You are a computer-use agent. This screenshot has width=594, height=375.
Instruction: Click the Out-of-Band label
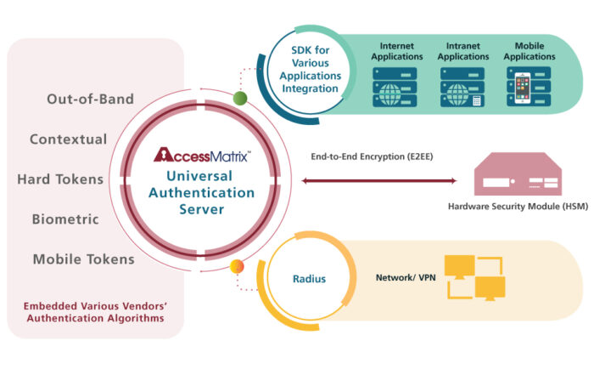[89, 99]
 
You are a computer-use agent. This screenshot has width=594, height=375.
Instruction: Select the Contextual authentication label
[68, 139]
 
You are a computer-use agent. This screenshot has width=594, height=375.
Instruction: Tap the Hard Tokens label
[60, 179]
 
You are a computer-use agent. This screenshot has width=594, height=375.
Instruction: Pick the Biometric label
[65, 219]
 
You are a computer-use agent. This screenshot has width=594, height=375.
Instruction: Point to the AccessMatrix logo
[201, 156]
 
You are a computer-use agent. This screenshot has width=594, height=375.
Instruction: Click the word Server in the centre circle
[202, 208]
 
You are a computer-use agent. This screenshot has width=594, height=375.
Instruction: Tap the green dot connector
[240, 98]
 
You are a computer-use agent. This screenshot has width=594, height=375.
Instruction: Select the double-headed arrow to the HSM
[378, 180]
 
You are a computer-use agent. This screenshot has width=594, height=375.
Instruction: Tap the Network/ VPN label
[401, 277]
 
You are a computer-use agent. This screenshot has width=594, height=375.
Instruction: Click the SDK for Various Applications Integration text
[310, 71]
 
